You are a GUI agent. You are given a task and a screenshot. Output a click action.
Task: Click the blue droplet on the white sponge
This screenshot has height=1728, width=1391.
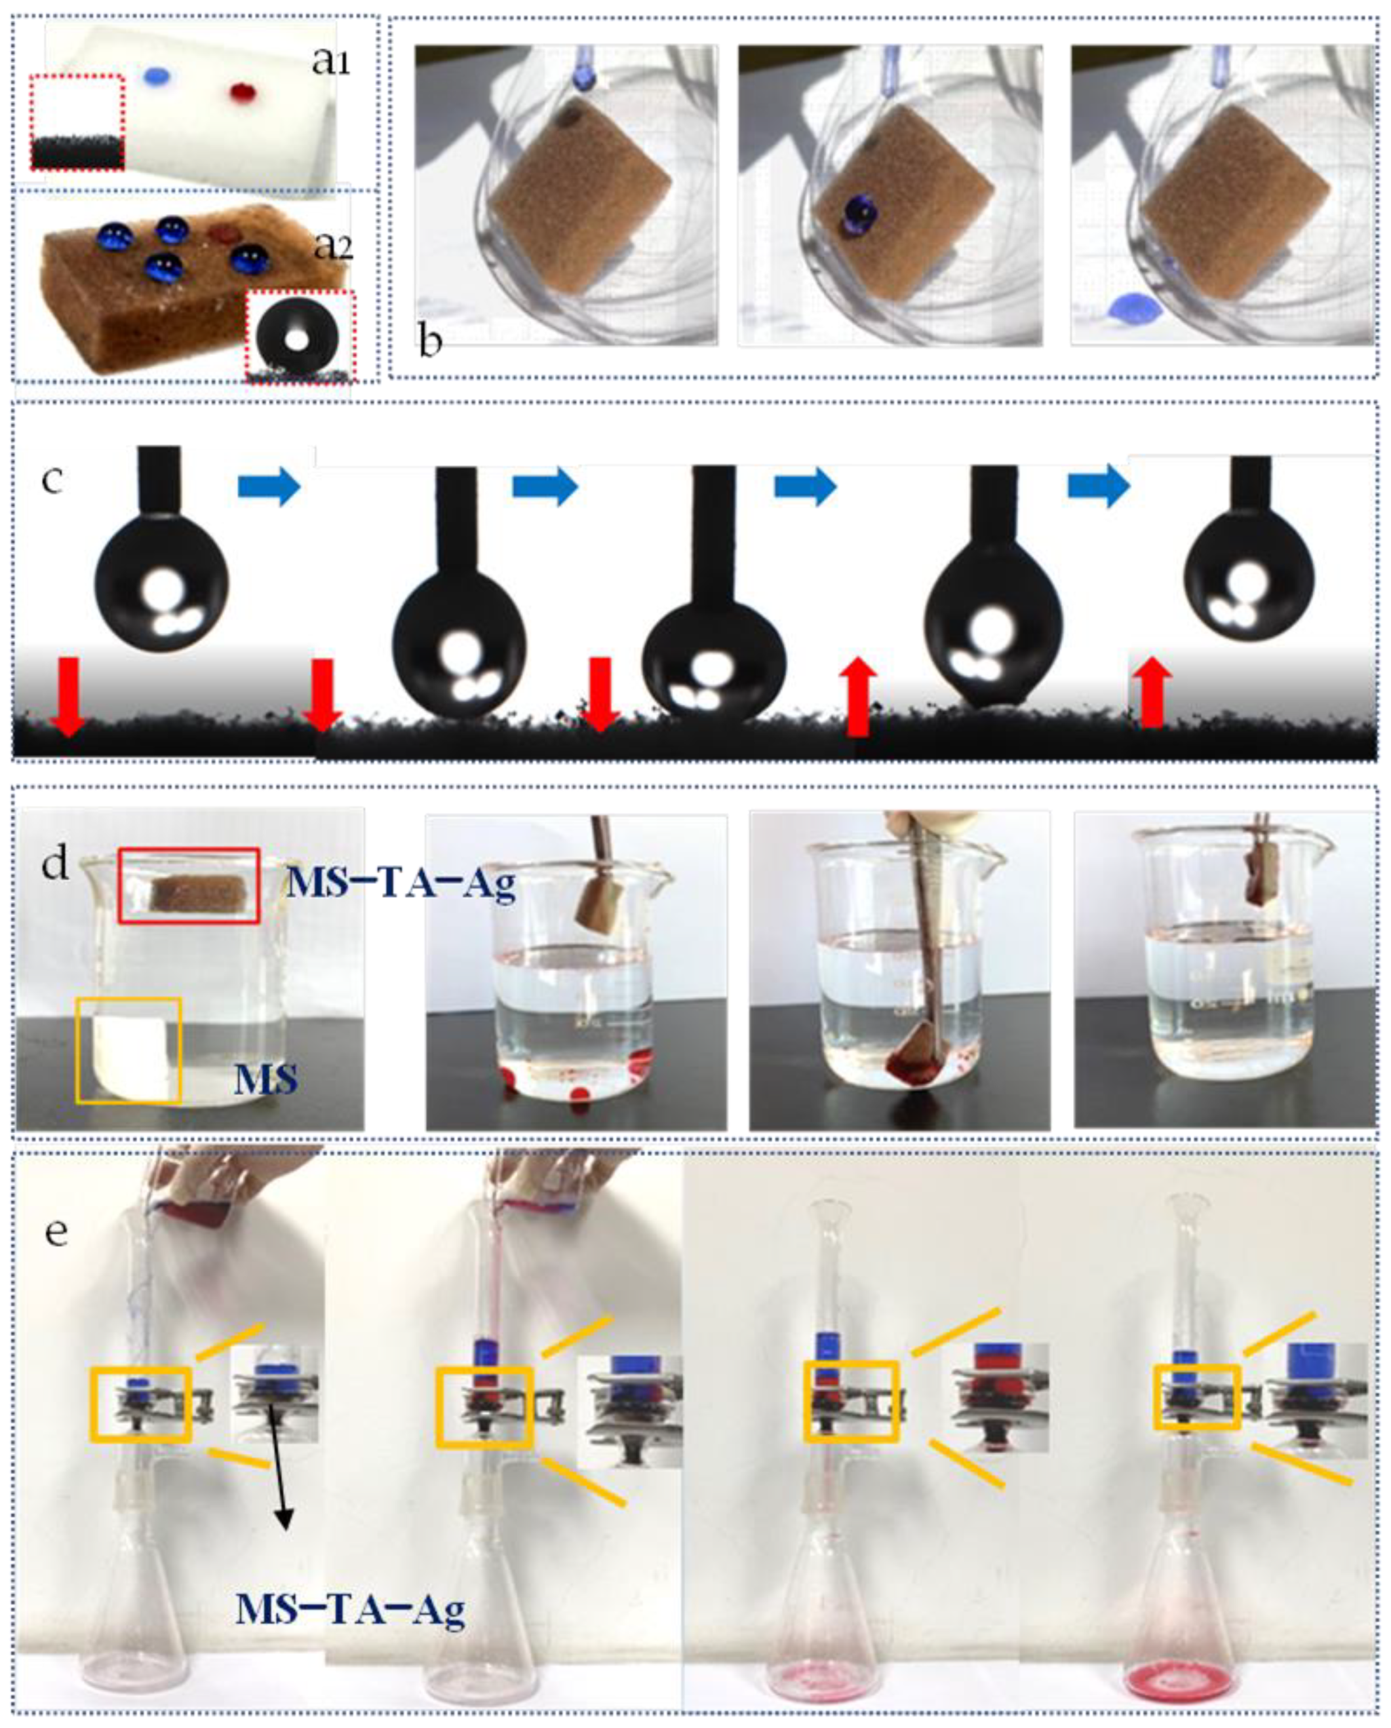tap(158, 76)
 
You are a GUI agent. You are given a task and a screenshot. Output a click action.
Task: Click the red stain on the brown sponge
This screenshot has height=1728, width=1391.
tap(225, 233)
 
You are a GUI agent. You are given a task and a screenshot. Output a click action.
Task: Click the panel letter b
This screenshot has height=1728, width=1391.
tap(431, 342)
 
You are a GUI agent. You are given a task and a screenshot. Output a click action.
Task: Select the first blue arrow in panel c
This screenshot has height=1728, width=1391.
tap(269, 486)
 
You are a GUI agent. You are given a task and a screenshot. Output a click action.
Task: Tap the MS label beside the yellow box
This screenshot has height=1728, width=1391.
tap(266, 1080)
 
